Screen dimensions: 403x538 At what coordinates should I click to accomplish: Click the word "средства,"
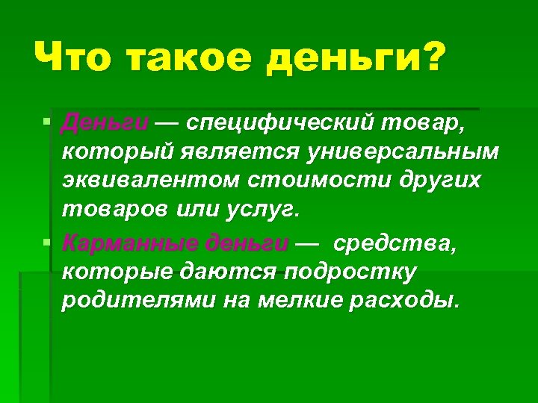click(392, 243)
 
